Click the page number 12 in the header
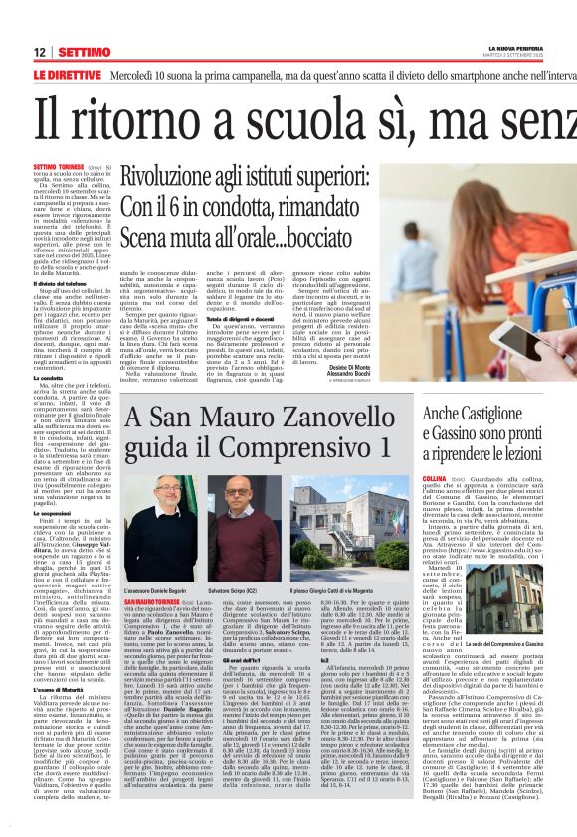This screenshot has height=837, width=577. tap(39, 52)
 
